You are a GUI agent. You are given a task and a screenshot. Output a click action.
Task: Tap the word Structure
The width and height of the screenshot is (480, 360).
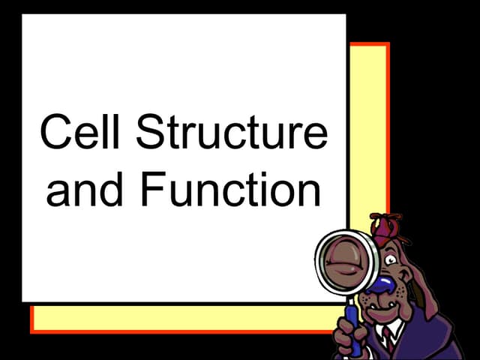tap(232, 133)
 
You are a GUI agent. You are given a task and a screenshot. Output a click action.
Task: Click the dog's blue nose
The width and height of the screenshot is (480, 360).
tap(384, 284)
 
